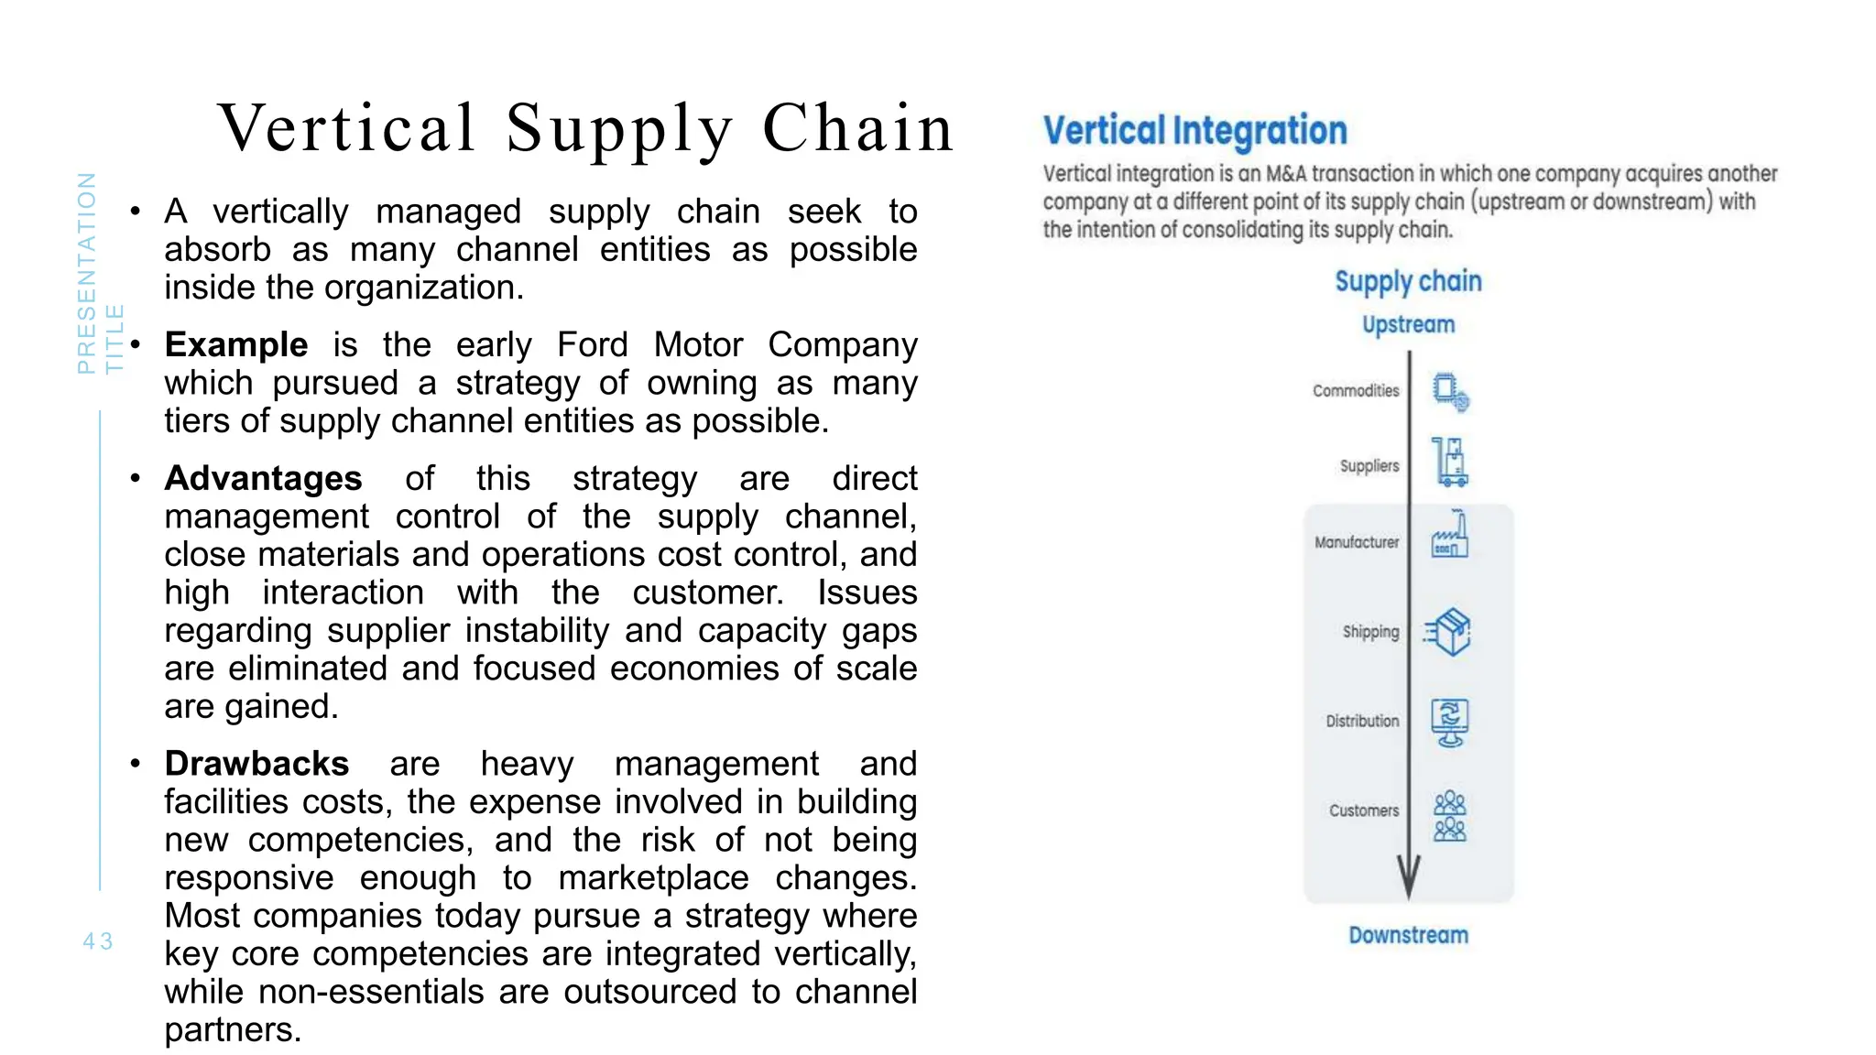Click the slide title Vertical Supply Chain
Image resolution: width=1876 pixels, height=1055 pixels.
(586, 128)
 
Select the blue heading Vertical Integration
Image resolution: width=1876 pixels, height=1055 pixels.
(1195, 131)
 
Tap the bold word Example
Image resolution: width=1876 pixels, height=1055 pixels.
(236, 345)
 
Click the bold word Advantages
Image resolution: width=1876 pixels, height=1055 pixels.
(263, 479)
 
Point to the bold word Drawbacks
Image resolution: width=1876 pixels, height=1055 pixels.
(256, 764)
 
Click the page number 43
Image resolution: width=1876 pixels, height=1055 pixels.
(98, 941)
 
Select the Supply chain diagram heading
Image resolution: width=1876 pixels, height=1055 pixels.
(1408, 281)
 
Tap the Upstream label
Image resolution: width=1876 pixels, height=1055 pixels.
(1408, 325)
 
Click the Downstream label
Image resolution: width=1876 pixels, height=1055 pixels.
(1408, 935)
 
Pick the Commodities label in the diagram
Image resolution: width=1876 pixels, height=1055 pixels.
(1356, 391)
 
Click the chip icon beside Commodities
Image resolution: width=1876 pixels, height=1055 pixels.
(1450, 392)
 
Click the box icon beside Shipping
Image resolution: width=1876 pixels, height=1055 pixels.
(1448, 632)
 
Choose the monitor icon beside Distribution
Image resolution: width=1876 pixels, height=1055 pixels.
(1450, 722)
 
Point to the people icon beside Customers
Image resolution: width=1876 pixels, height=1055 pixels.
(1450, 816)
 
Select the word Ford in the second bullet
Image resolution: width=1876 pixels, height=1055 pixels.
(593, 345)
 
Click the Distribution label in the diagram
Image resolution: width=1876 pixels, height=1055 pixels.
(1362, 722)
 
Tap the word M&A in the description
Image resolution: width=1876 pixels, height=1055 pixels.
(1286, 174)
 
